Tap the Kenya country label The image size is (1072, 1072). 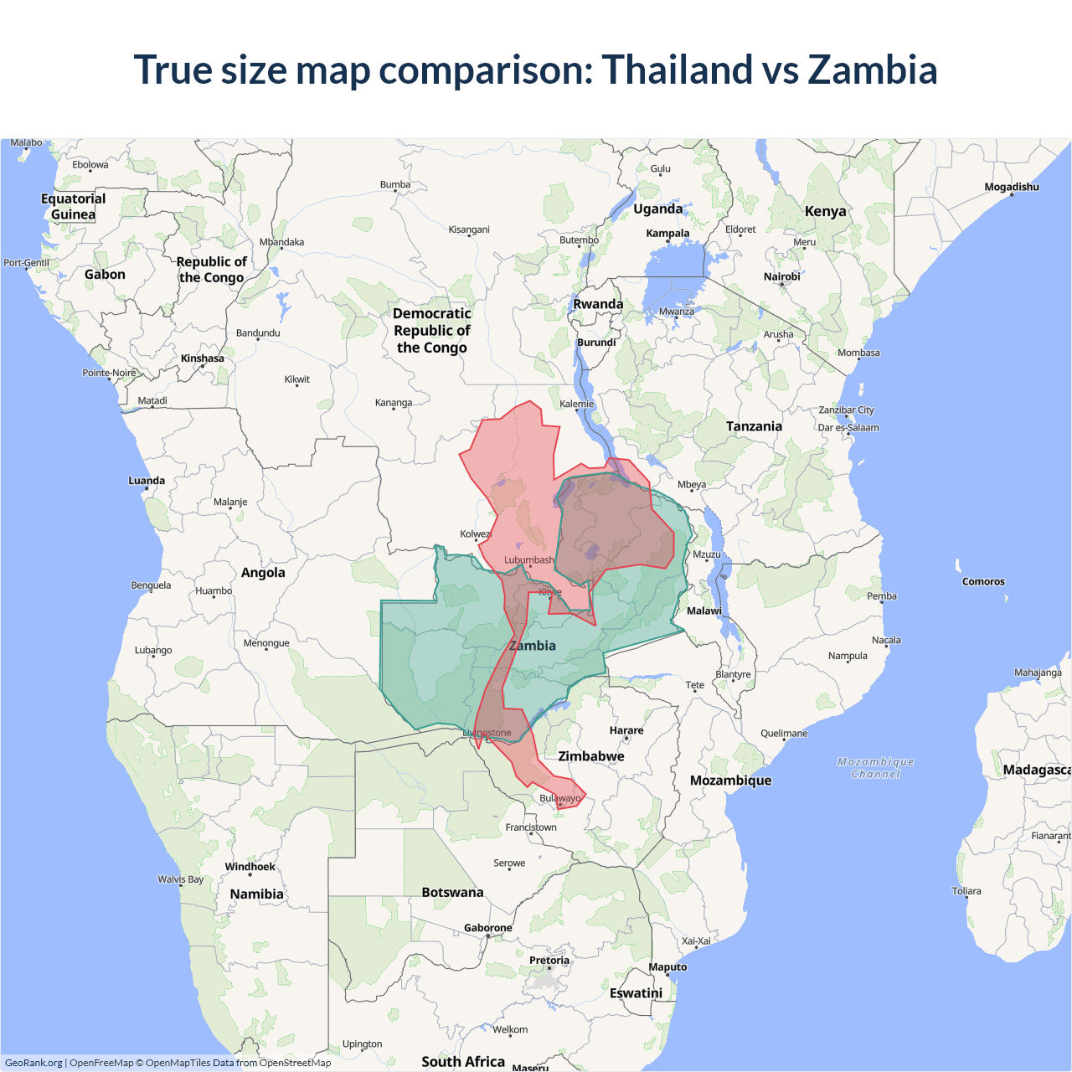(x=825, y=211)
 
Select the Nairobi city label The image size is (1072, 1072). (x=781, y=276)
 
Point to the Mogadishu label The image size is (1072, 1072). (x=1011, y=187)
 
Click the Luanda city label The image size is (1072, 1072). (x=147, y=481)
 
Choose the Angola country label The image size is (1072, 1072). (x=263, y=573)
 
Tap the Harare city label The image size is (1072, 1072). (x=626, y=730)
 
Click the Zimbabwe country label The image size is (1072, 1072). (x=591, y=756)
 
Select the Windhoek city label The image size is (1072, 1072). (x=250, y=867)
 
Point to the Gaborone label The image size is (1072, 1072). (x=487, y=928)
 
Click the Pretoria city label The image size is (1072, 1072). (x=549, y=961)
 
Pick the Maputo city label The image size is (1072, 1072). (x=667, y=967)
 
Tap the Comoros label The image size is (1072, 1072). (x=983, y=581)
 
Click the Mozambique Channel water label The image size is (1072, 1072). (x=875, y=768)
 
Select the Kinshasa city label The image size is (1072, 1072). (x=202, y=358)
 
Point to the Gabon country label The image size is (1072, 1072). (x=105, y=275)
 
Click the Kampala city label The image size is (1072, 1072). (x=667, y=234)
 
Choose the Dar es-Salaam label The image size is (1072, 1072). (x=848, y=428)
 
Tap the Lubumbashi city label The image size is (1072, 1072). (x=529, y=560)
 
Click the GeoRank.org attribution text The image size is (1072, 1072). (x=33, y=1063)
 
